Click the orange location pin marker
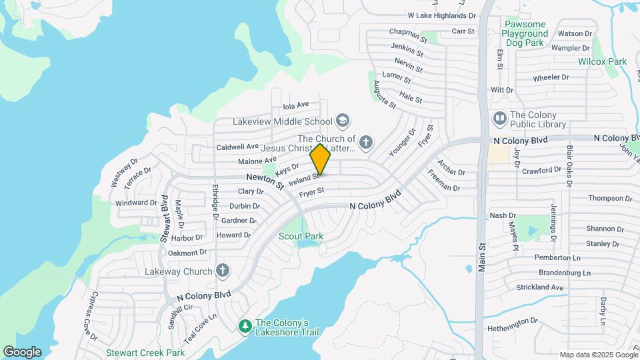321,159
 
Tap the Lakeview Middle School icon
343,121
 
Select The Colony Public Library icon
499,119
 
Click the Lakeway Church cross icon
223,271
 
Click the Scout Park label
301,236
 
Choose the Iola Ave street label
296,105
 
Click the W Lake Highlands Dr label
442,15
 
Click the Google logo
22,352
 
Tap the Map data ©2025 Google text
598,355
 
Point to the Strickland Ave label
539,287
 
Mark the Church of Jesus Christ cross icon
365,142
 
